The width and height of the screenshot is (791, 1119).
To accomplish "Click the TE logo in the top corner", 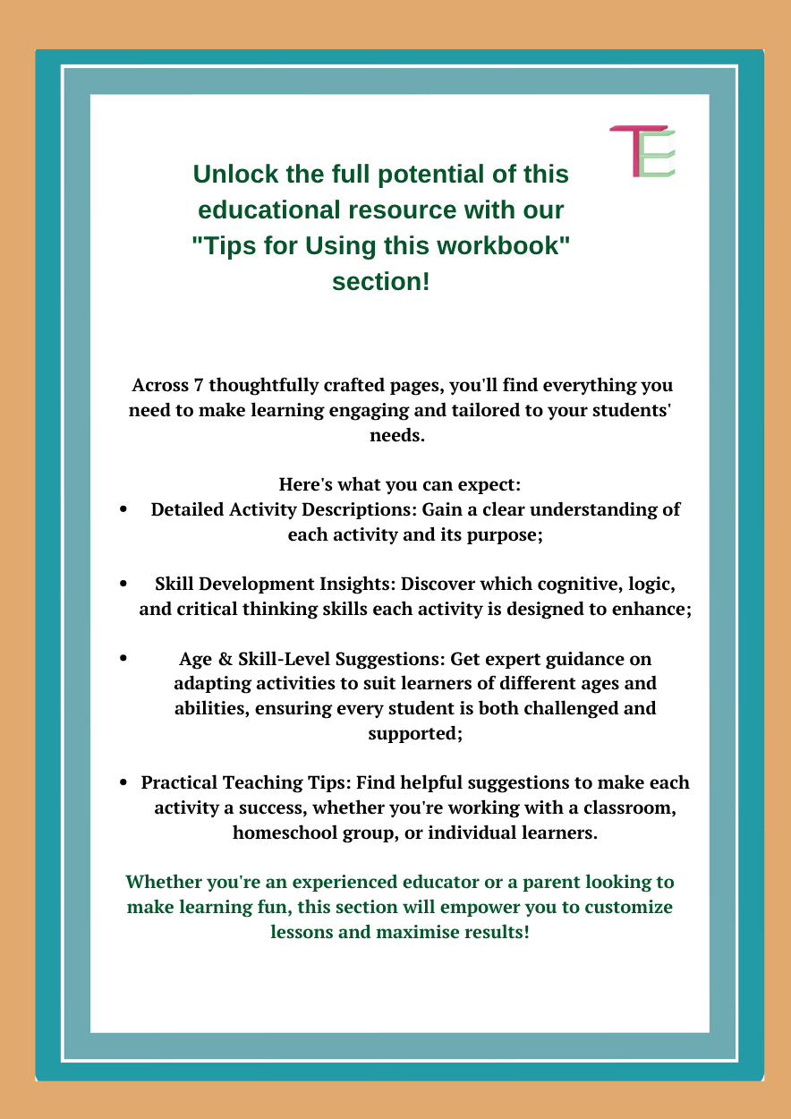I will [642, 150].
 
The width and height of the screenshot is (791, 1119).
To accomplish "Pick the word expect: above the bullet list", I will [487, 484].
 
